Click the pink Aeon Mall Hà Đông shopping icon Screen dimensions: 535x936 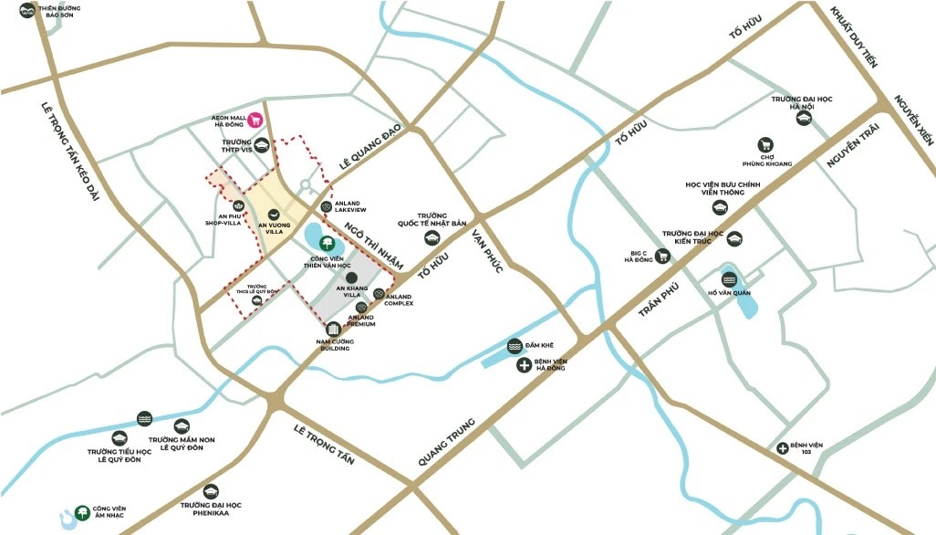point(256,120)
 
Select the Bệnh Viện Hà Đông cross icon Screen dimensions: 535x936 point(525,366)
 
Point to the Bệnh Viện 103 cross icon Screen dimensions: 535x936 point(783,447)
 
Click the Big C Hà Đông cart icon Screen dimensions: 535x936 point(663,257)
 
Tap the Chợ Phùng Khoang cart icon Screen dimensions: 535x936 point(766,144)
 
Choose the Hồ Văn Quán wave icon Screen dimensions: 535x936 point(729,278)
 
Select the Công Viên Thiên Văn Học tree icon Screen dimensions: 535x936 point(326,242)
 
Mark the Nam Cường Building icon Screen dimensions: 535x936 point(334,329)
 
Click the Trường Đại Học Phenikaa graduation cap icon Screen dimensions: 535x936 point(211,490)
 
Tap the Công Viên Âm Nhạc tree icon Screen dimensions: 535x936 point(84,511)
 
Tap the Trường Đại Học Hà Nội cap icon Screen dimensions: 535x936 point(804,118)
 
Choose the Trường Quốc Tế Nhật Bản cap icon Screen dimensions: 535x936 point(433,236)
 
